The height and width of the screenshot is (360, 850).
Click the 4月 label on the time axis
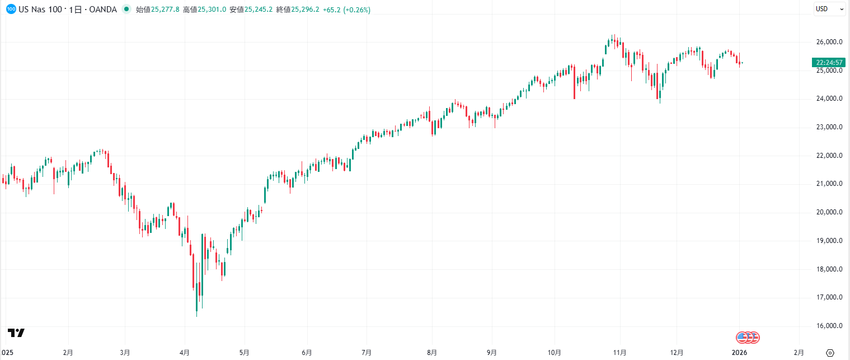tap(184, 353)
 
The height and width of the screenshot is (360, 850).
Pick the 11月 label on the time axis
tap(618, 353)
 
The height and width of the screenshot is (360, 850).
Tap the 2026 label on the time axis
tap(740, 353)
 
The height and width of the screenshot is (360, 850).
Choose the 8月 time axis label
tap(431, 353)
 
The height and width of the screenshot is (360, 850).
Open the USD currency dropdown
tap(829, 9)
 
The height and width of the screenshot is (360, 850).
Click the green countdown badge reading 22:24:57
tap(829, 62)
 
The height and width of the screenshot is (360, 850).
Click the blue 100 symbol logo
tap(10, 10)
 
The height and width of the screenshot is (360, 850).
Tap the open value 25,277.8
tap(163, 10)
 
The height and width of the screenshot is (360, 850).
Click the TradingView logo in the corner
tap(16, 333)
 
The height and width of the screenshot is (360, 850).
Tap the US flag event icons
tap(748, 337)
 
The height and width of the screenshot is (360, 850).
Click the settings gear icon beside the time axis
tap(830, 353)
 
